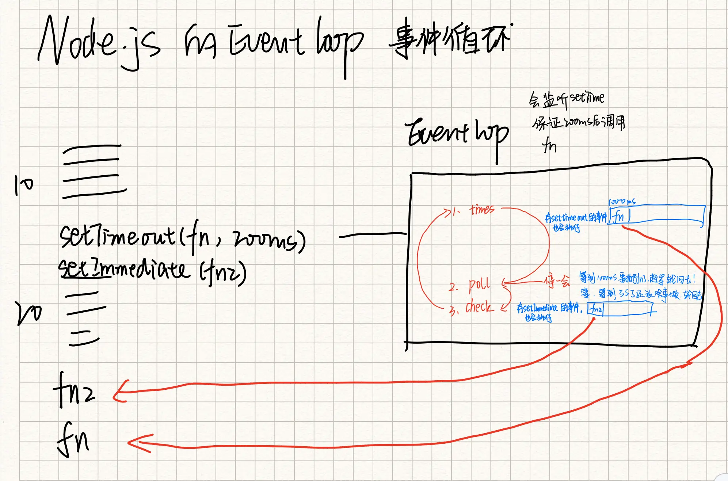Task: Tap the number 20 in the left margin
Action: (x=29, y=313)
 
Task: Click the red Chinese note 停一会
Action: (x=557, y=281)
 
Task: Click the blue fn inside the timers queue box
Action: (x=619, y=216)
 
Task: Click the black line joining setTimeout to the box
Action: (x=373, y=235)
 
